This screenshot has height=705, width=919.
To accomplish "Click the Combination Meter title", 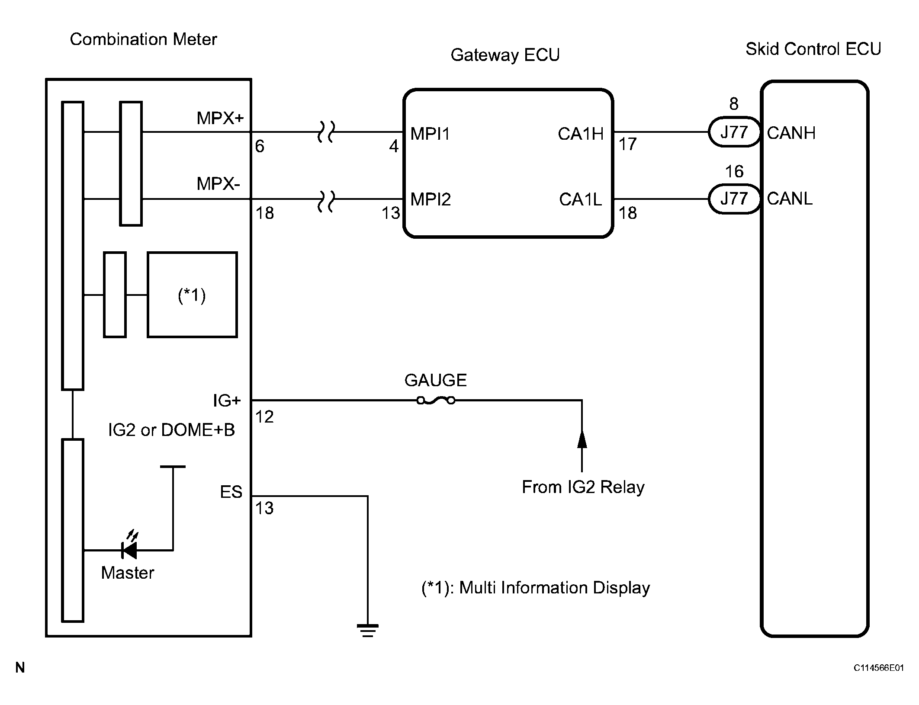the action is [143, 39].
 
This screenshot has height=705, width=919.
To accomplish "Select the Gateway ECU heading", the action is [505, 55].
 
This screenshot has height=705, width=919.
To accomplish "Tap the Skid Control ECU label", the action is [813, 49].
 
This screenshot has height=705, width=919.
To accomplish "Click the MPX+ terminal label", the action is [220, 118].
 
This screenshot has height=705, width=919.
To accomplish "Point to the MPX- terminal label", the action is [218, 184].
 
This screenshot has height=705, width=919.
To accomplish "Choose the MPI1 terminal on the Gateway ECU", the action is [430, 134].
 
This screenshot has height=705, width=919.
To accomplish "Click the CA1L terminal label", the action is [580, 199].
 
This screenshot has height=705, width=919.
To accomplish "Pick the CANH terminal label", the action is [791, 133].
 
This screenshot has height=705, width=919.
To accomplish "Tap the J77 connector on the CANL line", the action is [734, 199].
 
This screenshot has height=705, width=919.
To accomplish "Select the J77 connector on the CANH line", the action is [734, 132].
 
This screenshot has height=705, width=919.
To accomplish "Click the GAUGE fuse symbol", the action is [436, 401].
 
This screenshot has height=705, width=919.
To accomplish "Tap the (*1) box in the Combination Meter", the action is [192, 295].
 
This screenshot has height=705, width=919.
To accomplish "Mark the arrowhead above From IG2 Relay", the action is [582, 439].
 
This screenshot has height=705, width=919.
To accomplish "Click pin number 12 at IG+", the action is [264, 417].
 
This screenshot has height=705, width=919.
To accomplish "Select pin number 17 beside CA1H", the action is [627, 144].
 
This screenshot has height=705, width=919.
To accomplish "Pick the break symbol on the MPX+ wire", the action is [326, 131].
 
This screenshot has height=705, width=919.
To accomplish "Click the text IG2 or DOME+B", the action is [171, 430].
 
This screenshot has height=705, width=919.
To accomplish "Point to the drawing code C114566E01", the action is [879, 668].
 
